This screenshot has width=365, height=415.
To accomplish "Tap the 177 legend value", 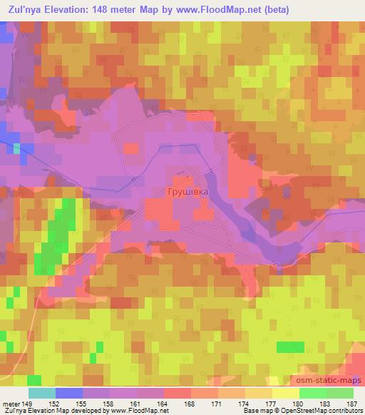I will pos(269,402).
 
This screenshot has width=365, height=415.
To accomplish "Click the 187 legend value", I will pos(352,402).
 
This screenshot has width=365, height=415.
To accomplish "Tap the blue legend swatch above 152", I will pos(69,393).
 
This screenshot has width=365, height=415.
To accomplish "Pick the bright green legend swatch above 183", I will pos(312,393).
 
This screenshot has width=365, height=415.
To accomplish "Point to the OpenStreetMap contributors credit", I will pos(324,411).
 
